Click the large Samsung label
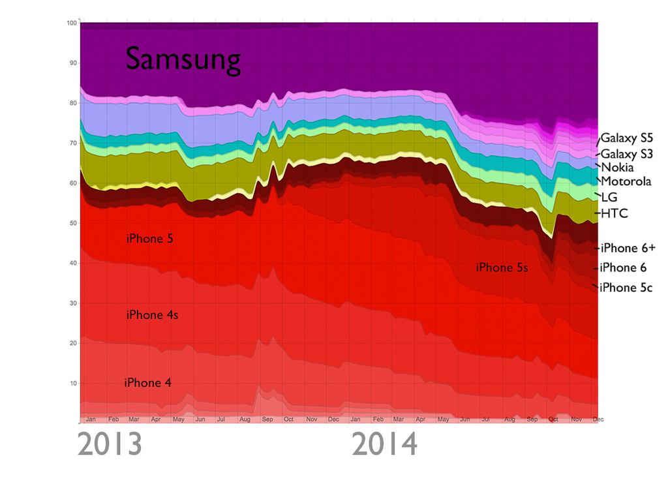point(183,60)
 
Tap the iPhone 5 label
point(149,239)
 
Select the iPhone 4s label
point(152,315)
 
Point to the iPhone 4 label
point(147,383)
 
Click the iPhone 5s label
point(502,267)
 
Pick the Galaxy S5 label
point(626,138)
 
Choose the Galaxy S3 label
point(626,155)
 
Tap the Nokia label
point(616,168)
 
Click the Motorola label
point(626,181)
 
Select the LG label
point(609,197)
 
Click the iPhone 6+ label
point(628,248)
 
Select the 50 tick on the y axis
point(73,223)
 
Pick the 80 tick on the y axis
point(73,103)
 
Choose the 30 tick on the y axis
point(73,303)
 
